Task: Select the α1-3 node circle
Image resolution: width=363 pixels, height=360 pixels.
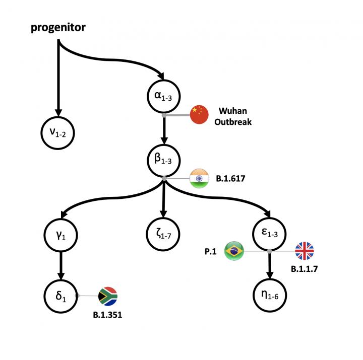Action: click(163, 96)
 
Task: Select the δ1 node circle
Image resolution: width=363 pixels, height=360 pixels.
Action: click(61, 296)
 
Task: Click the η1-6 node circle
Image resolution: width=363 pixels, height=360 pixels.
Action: click(270, 296)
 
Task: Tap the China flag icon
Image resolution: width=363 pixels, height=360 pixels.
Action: click(199, 115)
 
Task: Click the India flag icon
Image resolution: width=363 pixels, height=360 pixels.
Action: click(199, 179)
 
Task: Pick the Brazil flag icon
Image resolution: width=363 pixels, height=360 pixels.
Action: click(234, 251)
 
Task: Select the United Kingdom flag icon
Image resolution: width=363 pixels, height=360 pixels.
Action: click(304, 251)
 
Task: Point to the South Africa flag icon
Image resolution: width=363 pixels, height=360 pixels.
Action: click(107, 296)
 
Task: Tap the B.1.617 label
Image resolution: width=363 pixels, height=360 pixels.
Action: click(234, 178)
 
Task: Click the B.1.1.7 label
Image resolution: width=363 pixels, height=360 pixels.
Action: click(305, 269)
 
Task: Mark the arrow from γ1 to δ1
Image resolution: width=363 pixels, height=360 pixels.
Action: click(61, 264)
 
